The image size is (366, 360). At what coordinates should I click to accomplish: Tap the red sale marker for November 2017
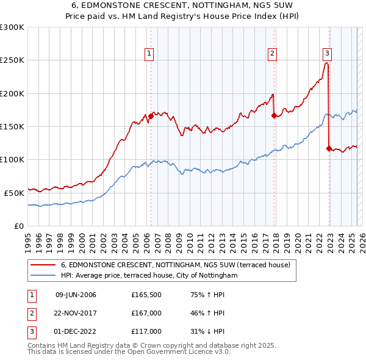point(274,115)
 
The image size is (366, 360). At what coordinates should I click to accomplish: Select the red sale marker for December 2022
point(329,148)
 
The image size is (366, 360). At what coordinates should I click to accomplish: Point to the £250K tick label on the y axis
point(12,60)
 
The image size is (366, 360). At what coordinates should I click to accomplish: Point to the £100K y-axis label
point(12,159)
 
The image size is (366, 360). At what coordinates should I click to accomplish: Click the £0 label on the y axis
point(18,225)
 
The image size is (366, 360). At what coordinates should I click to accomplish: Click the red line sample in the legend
point(43,265)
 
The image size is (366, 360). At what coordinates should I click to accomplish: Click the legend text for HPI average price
point(149,276)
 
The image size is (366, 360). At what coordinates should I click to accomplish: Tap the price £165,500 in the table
point(146,295)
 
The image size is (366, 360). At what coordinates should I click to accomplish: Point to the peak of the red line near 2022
point(328,63)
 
